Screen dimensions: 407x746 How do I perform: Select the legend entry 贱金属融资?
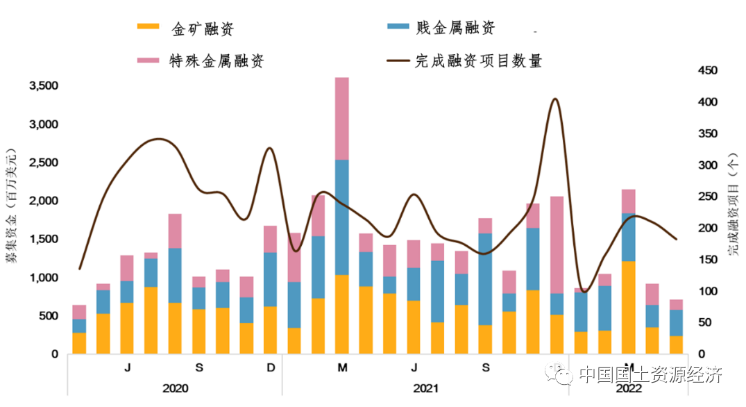pyautogui.click(x=455, y=28)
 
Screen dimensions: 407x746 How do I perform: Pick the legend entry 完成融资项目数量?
pyautogui.click(x=478, y=61)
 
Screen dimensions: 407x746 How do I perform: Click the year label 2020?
pyautogui.click(x=175, y=388)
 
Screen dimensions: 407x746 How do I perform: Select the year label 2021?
pyautogui.click(x=425, y=388)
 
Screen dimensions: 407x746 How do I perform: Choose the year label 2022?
pyautogui.click(x=629, y=388)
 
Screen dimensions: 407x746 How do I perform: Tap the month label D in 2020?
pyautogui.click(x=271, y=367)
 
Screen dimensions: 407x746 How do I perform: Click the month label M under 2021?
pyautogui.click(x=342, y=367)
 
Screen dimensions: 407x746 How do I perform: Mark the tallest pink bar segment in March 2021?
pyautogui.click(x=342, y=119)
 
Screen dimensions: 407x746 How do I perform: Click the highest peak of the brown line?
pyautogui.click(x=555, y=99)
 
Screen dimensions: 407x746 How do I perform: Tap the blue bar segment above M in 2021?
pyautogui.click(x=342, y=217)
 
